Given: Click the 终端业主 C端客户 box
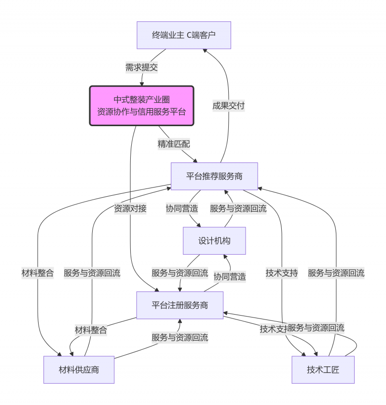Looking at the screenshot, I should click(184, 35).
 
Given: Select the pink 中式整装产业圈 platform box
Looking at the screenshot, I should click(141, 105).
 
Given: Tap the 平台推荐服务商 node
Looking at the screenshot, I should click(214, 176).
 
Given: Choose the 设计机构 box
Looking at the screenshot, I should click(214, 240).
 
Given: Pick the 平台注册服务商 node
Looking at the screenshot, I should click(179, 305).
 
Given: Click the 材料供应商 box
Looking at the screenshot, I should click(79, 370).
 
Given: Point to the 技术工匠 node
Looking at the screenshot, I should click(323, 370).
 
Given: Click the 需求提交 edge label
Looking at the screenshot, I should click(141, 67).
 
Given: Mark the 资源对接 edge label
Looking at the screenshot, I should click(130, 208).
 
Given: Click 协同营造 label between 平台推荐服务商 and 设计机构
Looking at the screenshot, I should click(181, 208).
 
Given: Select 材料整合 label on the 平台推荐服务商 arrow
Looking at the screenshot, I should click(38, 273).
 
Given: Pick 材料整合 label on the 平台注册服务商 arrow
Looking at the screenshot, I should click(91, 331).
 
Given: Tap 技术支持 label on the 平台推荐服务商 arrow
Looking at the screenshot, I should click(282, 273).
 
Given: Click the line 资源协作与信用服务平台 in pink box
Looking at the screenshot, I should click(141, 112).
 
